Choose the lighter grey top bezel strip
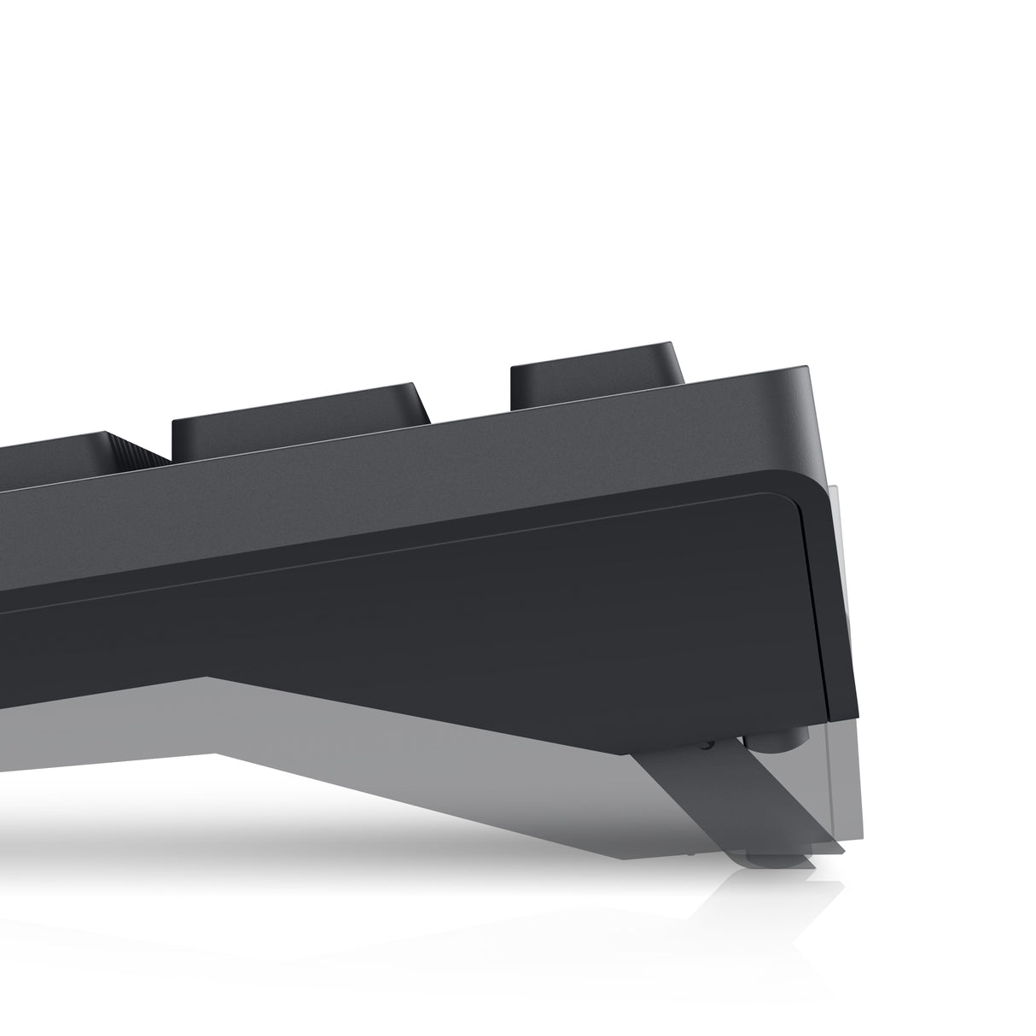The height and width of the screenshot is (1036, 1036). click(x=427, y=452)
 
